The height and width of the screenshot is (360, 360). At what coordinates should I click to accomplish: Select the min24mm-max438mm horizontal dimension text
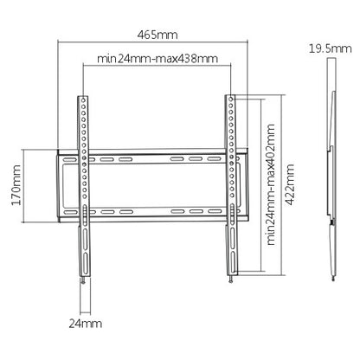tap(157, 60)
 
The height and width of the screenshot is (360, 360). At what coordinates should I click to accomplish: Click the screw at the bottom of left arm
tap(82, 280)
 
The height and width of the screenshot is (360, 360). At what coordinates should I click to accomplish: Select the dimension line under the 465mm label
tap(157, 42)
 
